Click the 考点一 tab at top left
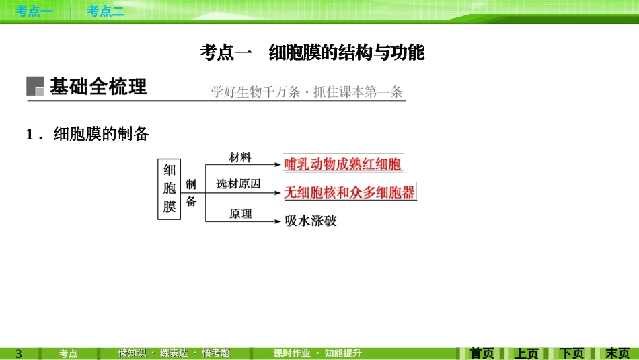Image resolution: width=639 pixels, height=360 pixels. point(34,11)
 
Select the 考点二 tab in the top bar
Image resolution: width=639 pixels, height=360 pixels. point(106,11)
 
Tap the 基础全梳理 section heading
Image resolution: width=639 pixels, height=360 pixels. point(98,87)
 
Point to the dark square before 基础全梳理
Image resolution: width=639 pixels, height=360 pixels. point(35,87)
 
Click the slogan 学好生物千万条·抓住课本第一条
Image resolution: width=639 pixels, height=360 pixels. point(307,92)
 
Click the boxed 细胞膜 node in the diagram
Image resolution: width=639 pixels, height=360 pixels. point(170,189)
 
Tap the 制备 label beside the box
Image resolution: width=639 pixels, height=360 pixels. point(191,192)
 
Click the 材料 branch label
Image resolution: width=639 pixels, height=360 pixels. point(240,157)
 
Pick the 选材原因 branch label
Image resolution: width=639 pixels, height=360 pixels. point(239,184)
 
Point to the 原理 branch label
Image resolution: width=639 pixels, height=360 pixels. point(240,213)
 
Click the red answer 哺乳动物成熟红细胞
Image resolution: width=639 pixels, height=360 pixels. point(343,164)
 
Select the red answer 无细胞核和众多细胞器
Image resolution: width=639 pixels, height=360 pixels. point(350,192)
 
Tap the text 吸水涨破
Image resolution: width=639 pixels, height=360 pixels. point(311,220)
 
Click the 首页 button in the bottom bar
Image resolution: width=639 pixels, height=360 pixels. point(482,353)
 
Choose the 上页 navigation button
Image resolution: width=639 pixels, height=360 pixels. point(527,353)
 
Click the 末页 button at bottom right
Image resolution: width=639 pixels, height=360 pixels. point(617,353)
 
